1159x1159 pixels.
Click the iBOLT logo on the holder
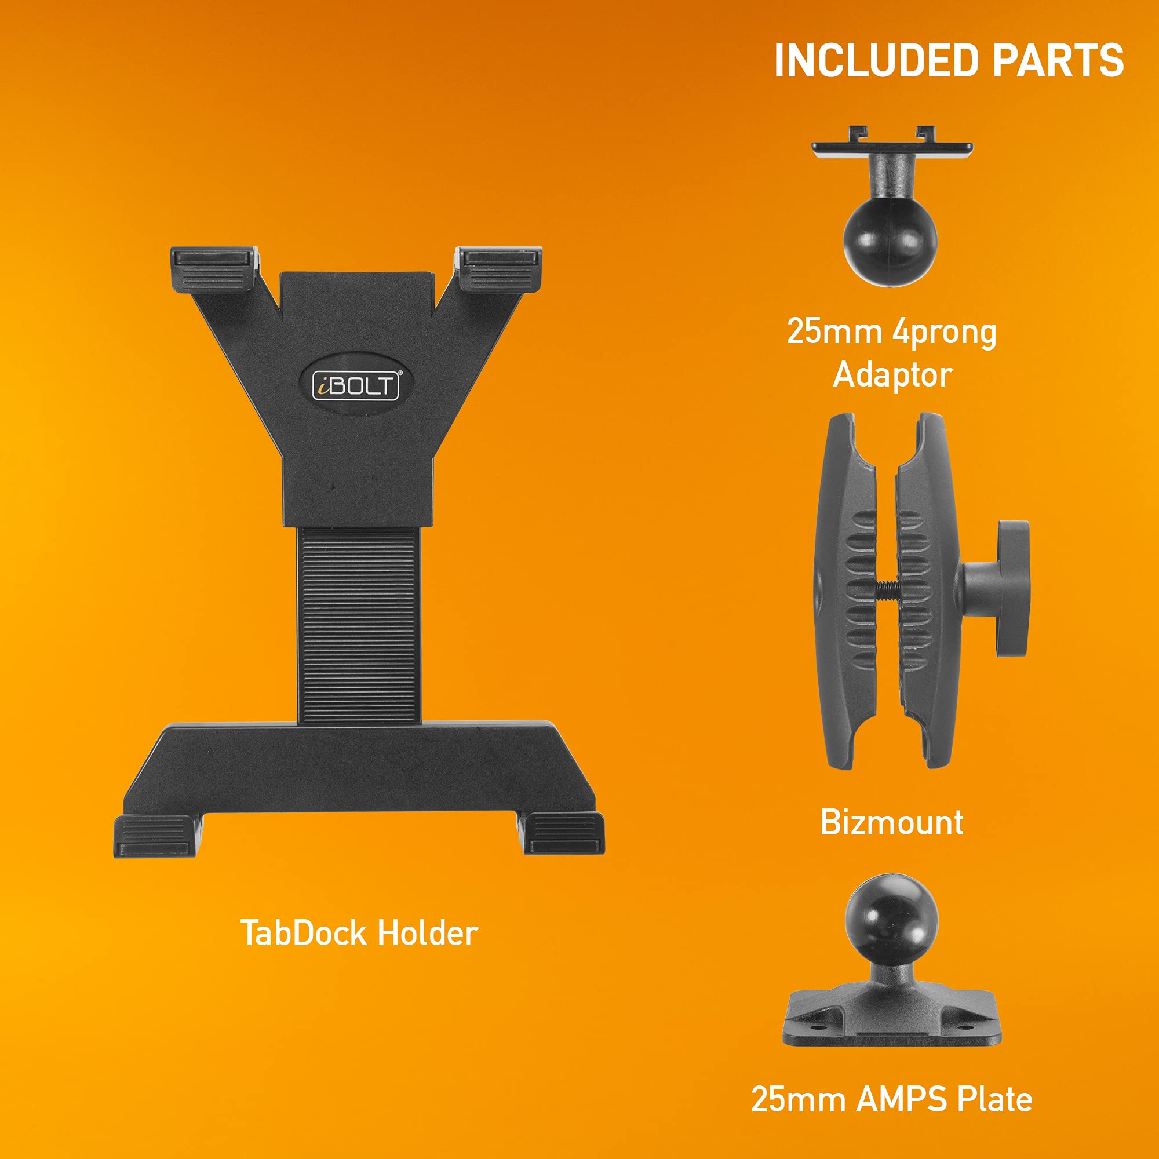coord(356,385)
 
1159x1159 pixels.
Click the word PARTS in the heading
coord(1058,61)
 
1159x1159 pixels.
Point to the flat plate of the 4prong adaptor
coord(891,148)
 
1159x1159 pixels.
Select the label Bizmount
coord(891,822)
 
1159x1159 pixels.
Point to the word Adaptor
coord(892,376)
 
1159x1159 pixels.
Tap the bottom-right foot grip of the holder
coord(563,834)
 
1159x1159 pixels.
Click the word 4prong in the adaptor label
coord(944,332)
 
